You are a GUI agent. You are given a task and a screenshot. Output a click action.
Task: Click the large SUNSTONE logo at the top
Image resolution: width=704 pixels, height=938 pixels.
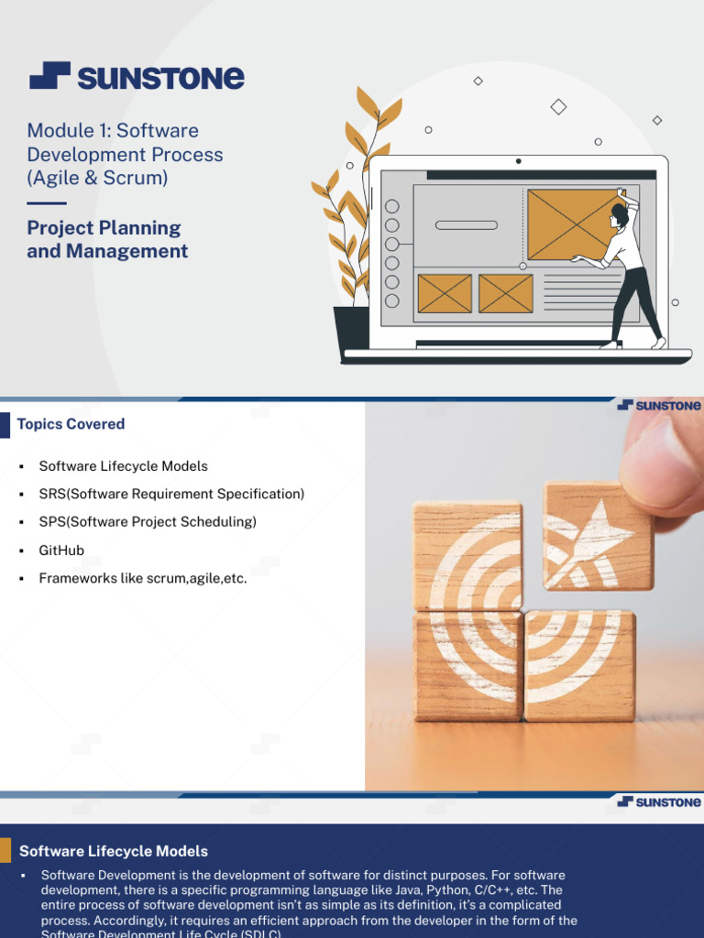137,77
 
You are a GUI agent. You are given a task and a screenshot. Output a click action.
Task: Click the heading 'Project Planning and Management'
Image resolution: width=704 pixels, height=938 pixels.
107,239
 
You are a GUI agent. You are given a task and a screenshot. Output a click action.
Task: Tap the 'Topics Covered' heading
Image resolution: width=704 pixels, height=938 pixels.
71,424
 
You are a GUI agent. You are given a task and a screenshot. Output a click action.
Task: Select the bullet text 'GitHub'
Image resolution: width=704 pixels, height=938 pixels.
61,550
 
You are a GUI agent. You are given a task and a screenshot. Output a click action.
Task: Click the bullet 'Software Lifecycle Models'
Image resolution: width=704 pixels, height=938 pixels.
123,466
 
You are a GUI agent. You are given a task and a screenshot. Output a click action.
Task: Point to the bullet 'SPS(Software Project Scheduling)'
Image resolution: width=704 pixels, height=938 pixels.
148,522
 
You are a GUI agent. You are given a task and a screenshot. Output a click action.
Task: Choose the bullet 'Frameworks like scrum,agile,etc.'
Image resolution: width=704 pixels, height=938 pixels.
143,578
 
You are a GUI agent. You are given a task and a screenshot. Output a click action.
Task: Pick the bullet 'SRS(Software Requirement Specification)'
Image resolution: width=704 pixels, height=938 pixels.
171,494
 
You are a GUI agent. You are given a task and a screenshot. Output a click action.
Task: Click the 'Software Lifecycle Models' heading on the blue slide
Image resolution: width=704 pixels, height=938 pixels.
114,852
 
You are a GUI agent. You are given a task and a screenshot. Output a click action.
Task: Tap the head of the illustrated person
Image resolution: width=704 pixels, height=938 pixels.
620,215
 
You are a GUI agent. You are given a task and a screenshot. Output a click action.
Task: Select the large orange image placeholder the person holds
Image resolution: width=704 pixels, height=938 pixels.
570,224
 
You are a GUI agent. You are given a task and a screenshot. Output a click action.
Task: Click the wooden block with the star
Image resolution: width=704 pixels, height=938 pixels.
597,537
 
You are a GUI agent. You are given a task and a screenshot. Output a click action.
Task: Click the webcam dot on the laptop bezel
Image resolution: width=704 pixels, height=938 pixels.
518,161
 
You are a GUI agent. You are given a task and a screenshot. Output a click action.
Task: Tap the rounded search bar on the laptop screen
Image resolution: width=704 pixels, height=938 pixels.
466,224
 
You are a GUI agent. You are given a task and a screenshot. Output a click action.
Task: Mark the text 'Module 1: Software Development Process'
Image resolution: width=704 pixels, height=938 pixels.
125,142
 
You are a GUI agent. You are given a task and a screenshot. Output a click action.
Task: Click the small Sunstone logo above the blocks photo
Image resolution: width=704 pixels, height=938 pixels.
659,405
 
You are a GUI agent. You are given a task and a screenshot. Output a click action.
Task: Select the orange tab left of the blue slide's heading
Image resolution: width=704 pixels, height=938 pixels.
5,851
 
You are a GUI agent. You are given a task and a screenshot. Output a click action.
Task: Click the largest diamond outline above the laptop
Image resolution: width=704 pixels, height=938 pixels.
558,107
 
